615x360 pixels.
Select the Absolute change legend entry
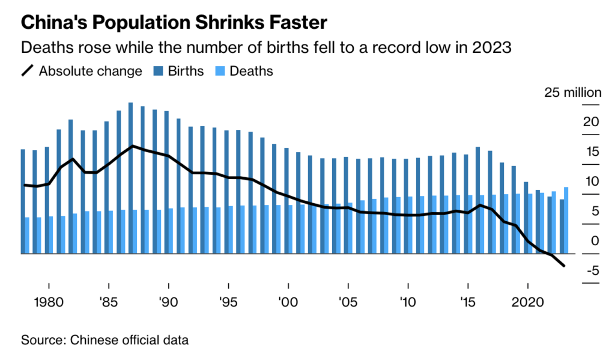point(90,71)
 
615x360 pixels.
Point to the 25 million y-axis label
point(572,93)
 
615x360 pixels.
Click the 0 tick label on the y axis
point(595,241)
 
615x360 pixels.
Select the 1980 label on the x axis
point(47,301)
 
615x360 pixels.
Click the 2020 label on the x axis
point(527,301)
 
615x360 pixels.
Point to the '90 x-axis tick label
point(168,301)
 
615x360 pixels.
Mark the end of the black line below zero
point(563,266)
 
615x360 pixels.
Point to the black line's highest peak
point(132,146)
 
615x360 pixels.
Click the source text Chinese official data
point(129,340)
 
